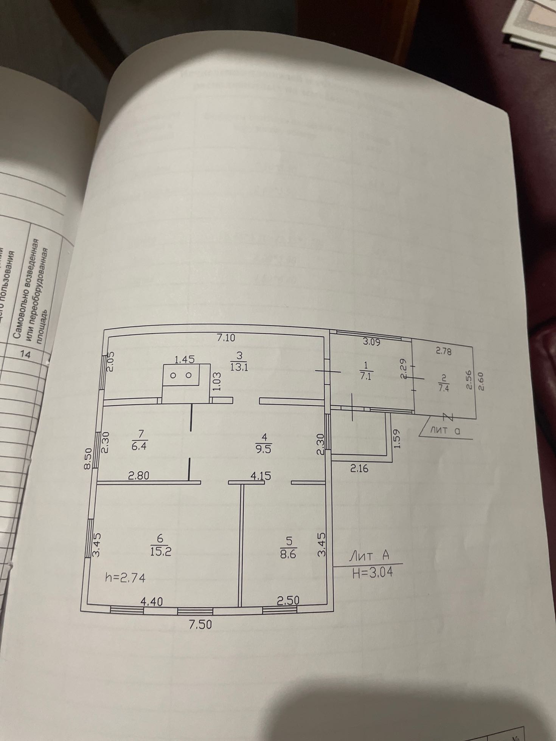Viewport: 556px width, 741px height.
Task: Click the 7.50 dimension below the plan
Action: coord(200,625)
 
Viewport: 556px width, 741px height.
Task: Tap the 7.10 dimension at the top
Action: coord(226,338)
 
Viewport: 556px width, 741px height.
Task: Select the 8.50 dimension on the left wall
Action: coord(88,459)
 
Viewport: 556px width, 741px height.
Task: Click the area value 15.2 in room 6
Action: coord(160,552)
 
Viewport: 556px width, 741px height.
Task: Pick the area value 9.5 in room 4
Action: coord(264,450)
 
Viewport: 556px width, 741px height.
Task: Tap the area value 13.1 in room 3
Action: coord(239,366)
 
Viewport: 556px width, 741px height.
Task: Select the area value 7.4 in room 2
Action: coord(443,388)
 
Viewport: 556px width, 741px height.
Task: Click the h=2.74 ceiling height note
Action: coord(125,578)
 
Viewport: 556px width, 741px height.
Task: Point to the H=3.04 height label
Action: coord(372,572)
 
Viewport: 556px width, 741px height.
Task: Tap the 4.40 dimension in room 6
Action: coord(152,601)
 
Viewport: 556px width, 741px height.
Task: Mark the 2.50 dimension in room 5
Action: coord(288,600)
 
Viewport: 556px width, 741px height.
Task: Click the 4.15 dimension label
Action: coord(261,476)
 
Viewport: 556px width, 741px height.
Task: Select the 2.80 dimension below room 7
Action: coord(139,476)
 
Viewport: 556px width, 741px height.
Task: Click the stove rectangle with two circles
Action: coord(181,375)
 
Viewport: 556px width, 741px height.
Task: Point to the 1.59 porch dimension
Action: coord(396,439)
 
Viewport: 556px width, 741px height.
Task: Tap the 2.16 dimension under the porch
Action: coord(359,469)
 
